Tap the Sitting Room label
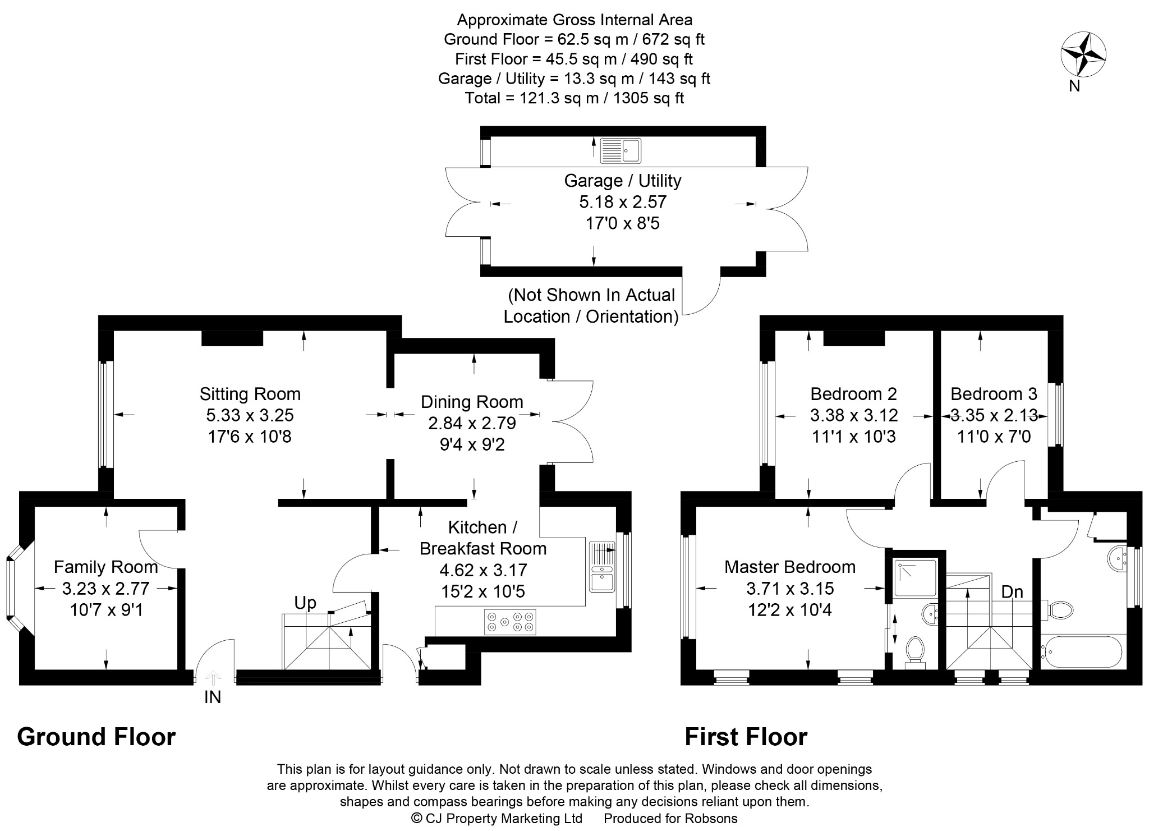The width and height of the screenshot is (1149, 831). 250,394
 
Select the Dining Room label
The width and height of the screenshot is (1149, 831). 472,402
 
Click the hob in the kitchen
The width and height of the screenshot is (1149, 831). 510,622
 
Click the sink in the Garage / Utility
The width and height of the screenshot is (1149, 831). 621,150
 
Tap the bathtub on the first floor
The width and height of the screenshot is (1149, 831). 1081,651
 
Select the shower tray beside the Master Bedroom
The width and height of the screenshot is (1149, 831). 915,578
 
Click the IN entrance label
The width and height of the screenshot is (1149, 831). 213,697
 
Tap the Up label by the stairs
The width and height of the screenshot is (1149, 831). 305,603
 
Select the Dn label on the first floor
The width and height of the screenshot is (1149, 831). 1012,592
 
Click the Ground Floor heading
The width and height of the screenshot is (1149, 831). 96,737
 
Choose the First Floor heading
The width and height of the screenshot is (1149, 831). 746,737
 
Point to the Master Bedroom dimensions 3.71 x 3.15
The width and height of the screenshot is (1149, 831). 790,589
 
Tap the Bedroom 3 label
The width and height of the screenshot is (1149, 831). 994,394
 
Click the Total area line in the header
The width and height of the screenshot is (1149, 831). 574,98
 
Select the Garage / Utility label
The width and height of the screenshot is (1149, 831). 622,181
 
